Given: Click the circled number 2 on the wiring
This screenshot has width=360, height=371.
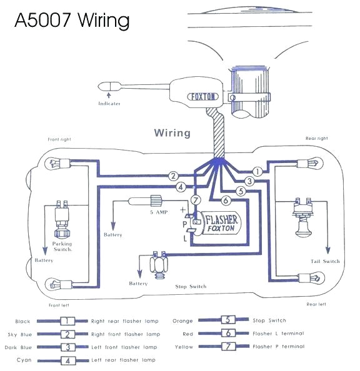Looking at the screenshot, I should coord(174,176).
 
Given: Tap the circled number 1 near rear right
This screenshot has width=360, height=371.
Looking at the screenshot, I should coord(256,171).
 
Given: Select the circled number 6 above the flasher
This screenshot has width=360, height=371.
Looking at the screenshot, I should coord(226,200).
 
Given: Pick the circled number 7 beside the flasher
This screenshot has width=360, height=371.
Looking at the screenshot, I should coord(196,200).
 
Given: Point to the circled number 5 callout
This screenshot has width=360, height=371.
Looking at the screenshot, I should coord(239,191).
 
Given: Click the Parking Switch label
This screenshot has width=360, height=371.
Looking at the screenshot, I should coord(62,246).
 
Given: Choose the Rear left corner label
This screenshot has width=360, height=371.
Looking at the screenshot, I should coord(317,304).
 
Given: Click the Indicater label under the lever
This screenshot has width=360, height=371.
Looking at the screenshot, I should coord(109,103).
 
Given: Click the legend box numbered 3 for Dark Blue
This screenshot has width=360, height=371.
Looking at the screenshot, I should coord(67,347).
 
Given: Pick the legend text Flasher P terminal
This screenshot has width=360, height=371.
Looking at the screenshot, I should coord(279,347).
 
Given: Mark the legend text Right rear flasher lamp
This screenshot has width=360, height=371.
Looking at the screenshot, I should coord(125,320).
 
